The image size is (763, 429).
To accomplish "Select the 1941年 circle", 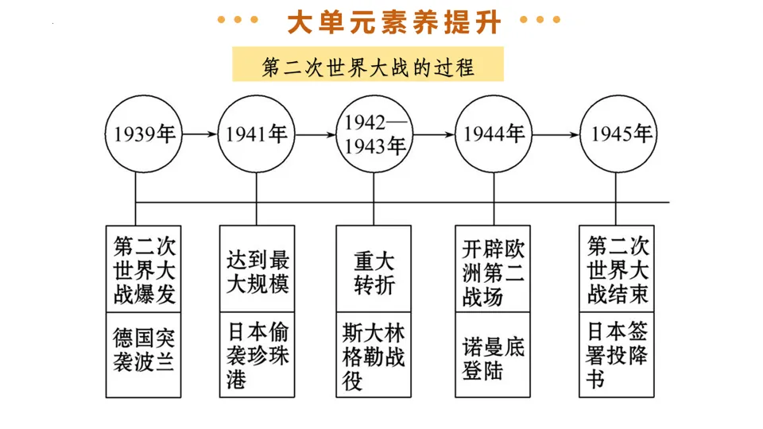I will point(256,134).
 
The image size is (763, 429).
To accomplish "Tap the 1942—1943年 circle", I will point(374,134).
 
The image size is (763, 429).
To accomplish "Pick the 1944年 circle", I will point(494,134).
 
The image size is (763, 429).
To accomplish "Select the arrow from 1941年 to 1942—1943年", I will point(314,134).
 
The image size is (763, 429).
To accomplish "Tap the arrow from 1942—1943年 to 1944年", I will point(434,134).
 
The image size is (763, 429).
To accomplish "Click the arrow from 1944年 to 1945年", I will point(556,134).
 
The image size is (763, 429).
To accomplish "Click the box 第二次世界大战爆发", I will point(144,269).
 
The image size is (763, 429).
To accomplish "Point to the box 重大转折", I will point(374,269).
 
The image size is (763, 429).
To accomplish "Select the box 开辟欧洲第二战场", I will point(493,269).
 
